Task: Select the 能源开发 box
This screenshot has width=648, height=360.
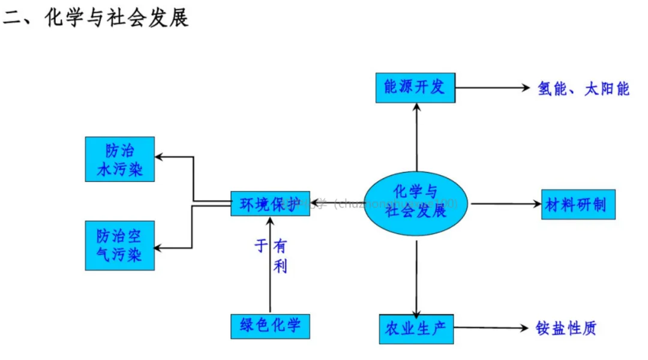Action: (415, 88)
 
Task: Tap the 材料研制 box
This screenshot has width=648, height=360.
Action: (578, 205)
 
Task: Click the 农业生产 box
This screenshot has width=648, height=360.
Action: (416, 329)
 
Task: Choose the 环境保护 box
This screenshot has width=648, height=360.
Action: (270, 204)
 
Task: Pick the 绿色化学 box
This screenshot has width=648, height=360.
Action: (270, 327)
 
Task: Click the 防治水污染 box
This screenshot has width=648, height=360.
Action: (120, 159)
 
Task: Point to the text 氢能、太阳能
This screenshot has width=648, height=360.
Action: (583, 89)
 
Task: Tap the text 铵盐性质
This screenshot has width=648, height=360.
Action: (566, 328)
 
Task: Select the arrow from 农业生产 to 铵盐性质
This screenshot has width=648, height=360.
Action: (491, 328)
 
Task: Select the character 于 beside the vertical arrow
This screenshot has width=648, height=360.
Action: (261, 246)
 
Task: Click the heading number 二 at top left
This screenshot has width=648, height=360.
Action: (13, 18)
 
